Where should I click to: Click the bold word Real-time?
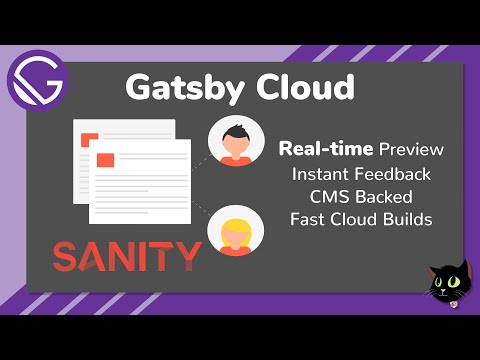326,150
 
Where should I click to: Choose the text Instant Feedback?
362,174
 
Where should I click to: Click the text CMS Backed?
362,196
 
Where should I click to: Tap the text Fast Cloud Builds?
362,219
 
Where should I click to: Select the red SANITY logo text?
126,257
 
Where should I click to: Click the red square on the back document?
88,137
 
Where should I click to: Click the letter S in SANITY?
67,257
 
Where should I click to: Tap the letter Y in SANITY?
188,257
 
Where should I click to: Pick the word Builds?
405,219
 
